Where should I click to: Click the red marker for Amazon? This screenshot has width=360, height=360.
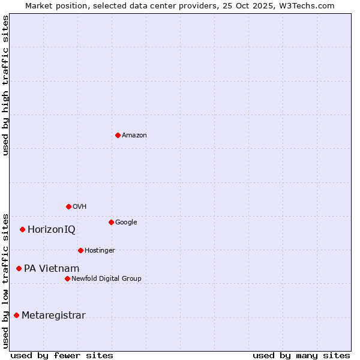click(118, 135)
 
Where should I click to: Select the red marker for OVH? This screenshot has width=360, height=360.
click(68, 206)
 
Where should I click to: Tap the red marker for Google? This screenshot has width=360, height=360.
click(111, 222)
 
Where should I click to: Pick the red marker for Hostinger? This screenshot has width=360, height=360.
click(80, 250)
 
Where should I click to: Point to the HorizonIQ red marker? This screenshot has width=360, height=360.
click(22, 229)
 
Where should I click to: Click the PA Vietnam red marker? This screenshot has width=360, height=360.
click(19, 268)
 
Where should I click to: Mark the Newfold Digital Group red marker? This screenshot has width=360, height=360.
click(67, 278)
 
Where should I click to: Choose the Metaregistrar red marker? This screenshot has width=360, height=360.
click(16, 315)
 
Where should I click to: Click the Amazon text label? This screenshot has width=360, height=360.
click(134, 136)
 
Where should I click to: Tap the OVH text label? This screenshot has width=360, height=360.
click(80, 207)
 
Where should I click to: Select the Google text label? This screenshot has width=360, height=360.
click(126, 223)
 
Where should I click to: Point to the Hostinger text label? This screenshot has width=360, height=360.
click(100, 251)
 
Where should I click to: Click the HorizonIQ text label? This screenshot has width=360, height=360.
click(52, 230)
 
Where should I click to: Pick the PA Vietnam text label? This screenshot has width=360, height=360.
click(52, 269)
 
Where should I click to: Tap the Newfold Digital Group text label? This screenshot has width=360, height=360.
click(106, 279)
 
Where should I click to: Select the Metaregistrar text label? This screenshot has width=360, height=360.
click(53, 316)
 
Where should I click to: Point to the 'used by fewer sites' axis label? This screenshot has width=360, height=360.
click(62, 355)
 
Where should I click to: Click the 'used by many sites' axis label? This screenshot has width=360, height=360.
click(301, 355)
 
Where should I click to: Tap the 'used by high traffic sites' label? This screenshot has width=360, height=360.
click(5, 85)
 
